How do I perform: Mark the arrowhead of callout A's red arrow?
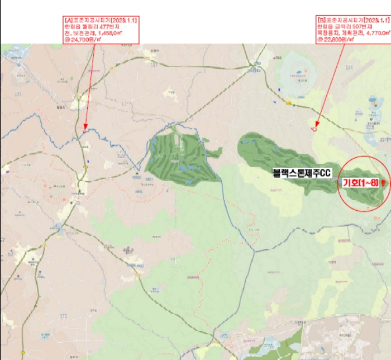pyautogui.click(x=84, y=129)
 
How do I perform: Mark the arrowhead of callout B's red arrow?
pyautogui.click(x=315, y=128)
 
